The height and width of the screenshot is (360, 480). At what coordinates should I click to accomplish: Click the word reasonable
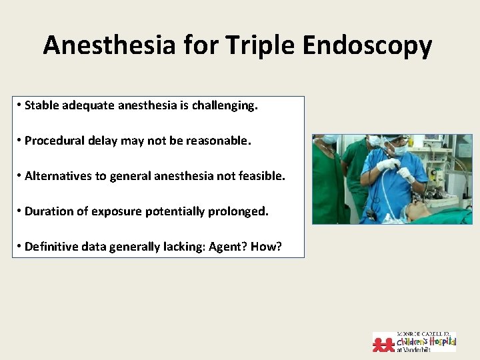pos(219,141)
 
